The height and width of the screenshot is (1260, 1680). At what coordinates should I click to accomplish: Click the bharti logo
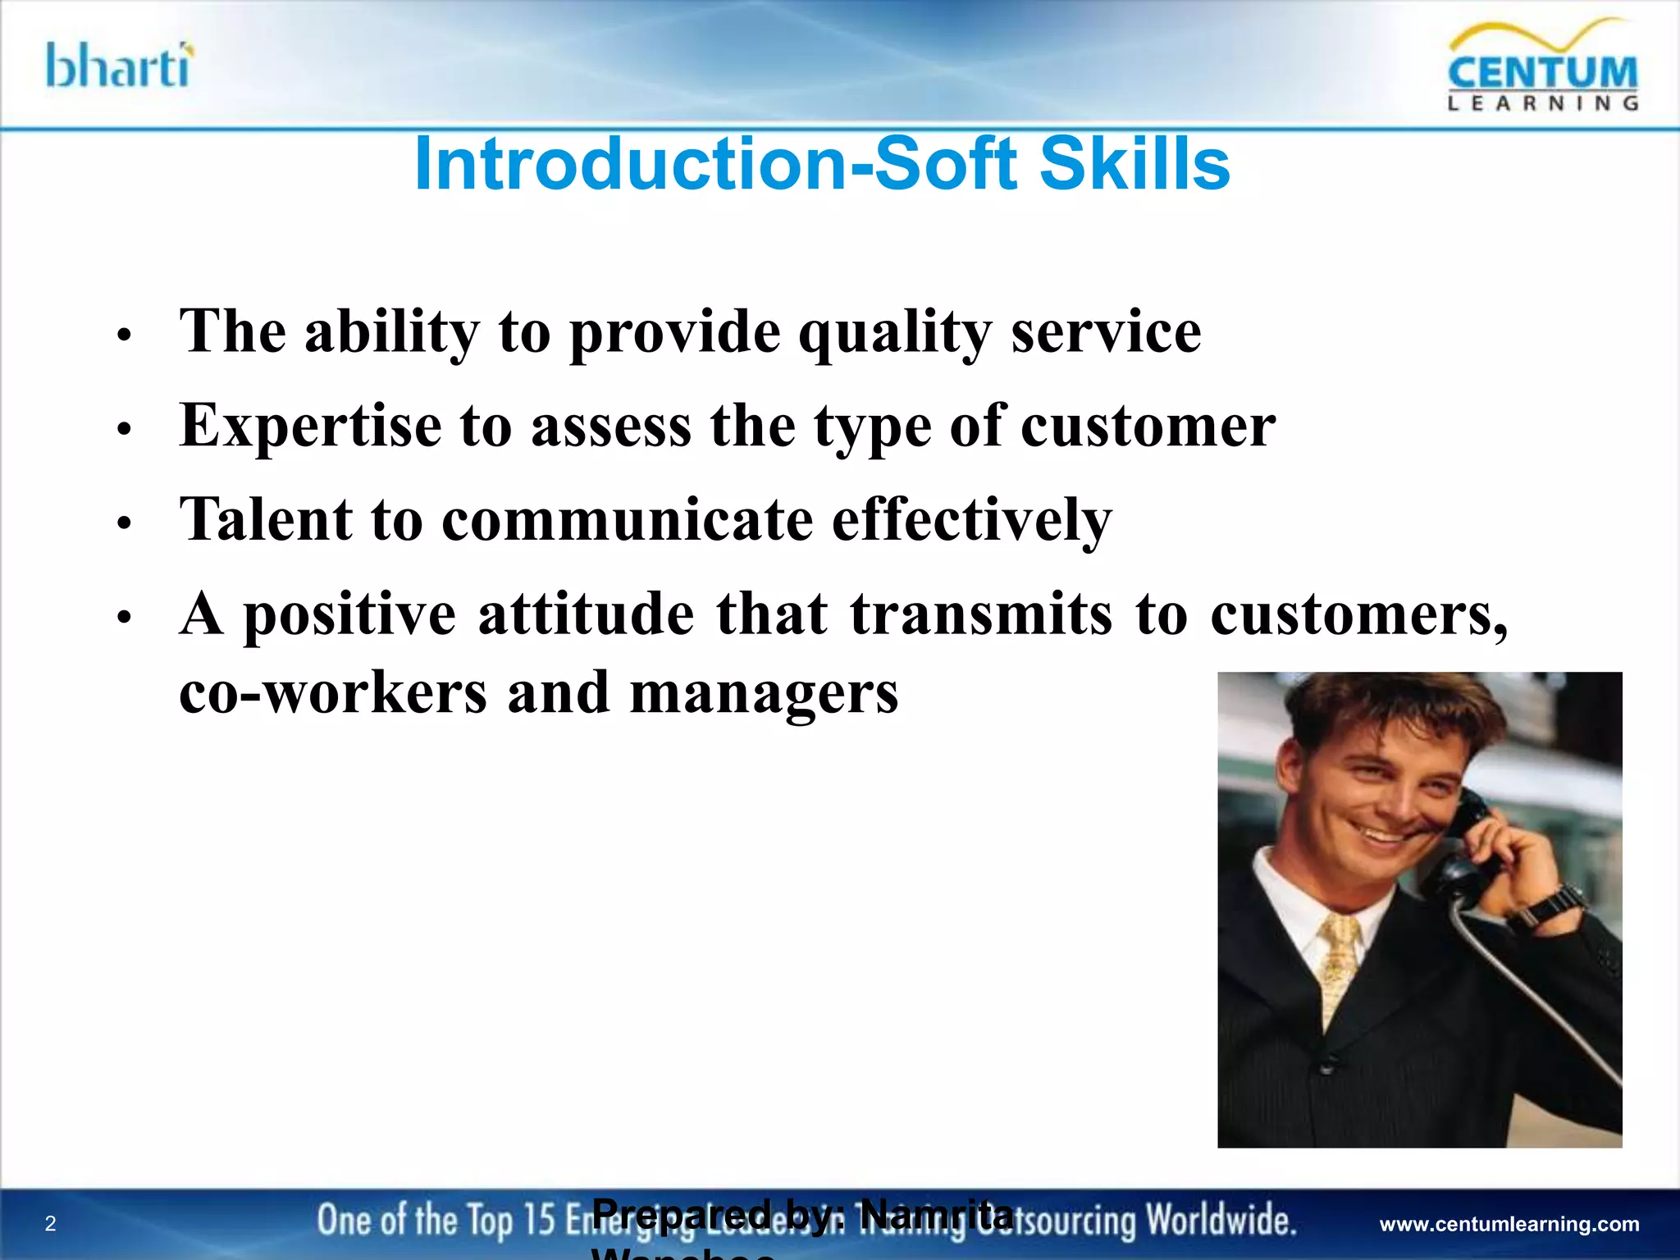[x=120, y=66]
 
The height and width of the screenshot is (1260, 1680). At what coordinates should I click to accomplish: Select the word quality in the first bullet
[x=895, y=333]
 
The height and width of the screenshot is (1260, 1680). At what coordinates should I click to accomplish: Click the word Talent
[x=266, y=520]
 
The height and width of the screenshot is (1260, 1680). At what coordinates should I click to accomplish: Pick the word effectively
[x=971, y=520]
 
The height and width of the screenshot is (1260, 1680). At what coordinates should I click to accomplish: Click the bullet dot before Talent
[x=124, y=523]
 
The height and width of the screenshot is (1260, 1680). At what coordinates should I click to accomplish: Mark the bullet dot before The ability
[x=124, y=336]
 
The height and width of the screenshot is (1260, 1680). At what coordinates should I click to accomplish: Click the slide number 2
[x=51, y=1224]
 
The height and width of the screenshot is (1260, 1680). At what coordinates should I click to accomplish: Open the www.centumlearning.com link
[x=1509, y=1225]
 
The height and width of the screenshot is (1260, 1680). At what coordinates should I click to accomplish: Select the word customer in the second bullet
[x=1148, y=427]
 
